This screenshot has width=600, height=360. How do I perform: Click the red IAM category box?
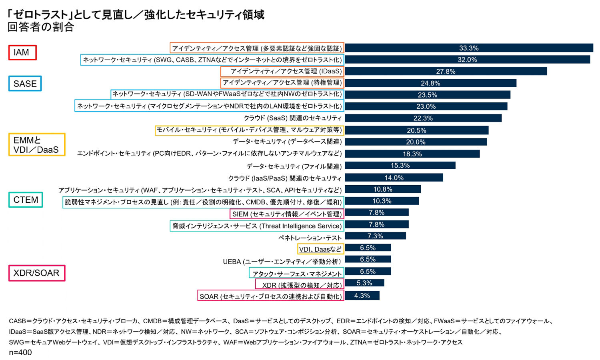coord(22,52)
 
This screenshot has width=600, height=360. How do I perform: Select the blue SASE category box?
coord(25,84)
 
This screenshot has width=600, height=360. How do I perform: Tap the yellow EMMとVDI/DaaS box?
coord(36,145)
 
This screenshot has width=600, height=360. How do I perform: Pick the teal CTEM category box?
coord(26,200)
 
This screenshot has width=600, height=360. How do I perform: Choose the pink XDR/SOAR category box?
coord(36,273)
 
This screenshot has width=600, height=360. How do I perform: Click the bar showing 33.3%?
coord(469,48)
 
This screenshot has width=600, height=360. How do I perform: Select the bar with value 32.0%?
coord(467,60)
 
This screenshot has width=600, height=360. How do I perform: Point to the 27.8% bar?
coord(446,71)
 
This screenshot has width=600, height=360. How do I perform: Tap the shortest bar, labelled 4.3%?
coord(362,296)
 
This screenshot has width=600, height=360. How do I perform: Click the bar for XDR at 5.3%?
coord(364,283)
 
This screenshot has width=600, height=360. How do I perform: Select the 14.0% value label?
coord(394,178)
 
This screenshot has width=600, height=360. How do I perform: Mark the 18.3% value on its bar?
coord(412,154)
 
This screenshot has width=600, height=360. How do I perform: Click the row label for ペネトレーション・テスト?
coord(310,238)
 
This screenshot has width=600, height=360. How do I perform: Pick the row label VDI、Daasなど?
coord(320,249)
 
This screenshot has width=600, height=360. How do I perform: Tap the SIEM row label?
coord(286,214)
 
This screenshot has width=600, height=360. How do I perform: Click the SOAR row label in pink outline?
coord(271,296)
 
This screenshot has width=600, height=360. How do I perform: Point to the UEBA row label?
coord(282,262)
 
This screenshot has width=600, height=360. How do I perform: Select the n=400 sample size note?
coord(20,352)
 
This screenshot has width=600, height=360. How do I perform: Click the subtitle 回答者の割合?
coord(41,27)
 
